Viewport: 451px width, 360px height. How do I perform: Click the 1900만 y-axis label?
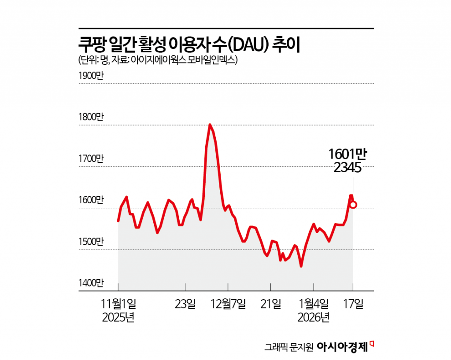click(x=90, y=75)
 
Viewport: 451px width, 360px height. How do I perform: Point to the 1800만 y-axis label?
click(x=90, y=117)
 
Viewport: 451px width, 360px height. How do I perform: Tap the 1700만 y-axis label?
click(x=90, y=158)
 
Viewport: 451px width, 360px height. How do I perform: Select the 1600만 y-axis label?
click(x=90, y=200)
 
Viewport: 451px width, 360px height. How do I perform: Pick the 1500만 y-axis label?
click(x=90, y=242)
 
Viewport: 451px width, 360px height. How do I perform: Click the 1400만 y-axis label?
click(x=90, y=283)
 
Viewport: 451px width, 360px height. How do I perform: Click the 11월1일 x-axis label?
click(x=118, y=304)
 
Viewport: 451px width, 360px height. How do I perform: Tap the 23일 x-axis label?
click(x=185, y=304)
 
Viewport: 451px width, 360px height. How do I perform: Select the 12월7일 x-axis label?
click(x=228, y=304)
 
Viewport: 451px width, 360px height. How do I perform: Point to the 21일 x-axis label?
click(x=270, y=304)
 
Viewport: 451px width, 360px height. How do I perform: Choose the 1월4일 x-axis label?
click(x=313, y=304)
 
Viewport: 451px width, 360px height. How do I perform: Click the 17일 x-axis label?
click(x=353, y=304)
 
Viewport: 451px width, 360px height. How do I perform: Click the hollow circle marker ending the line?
click(x=353, y=205)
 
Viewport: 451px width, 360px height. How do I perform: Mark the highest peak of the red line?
click(x=210, y=125)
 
